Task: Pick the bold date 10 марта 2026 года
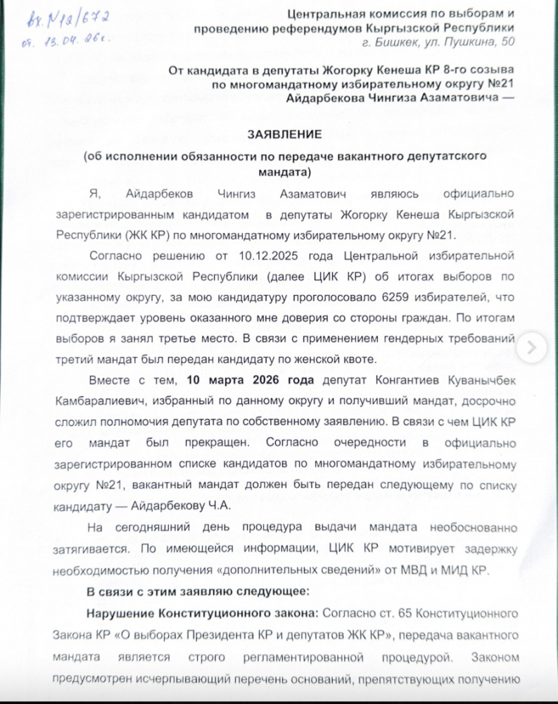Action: tap(250, 381)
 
